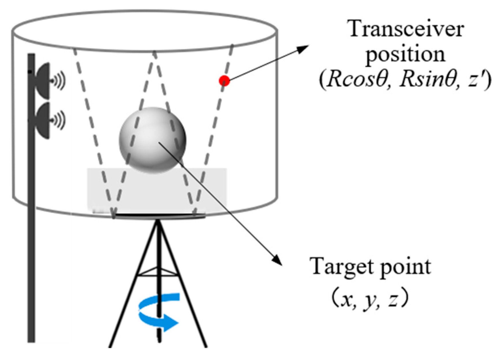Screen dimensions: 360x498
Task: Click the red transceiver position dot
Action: tap(224, 81)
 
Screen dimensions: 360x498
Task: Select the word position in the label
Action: tap(405, 55)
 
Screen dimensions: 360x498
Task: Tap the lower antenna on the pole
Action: tap(43, 121)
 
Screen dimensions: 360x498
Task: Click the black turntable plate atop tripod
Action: tap(159, 216)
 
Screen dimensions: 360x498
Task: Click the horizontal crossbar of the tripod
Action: tap(158, 274)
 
